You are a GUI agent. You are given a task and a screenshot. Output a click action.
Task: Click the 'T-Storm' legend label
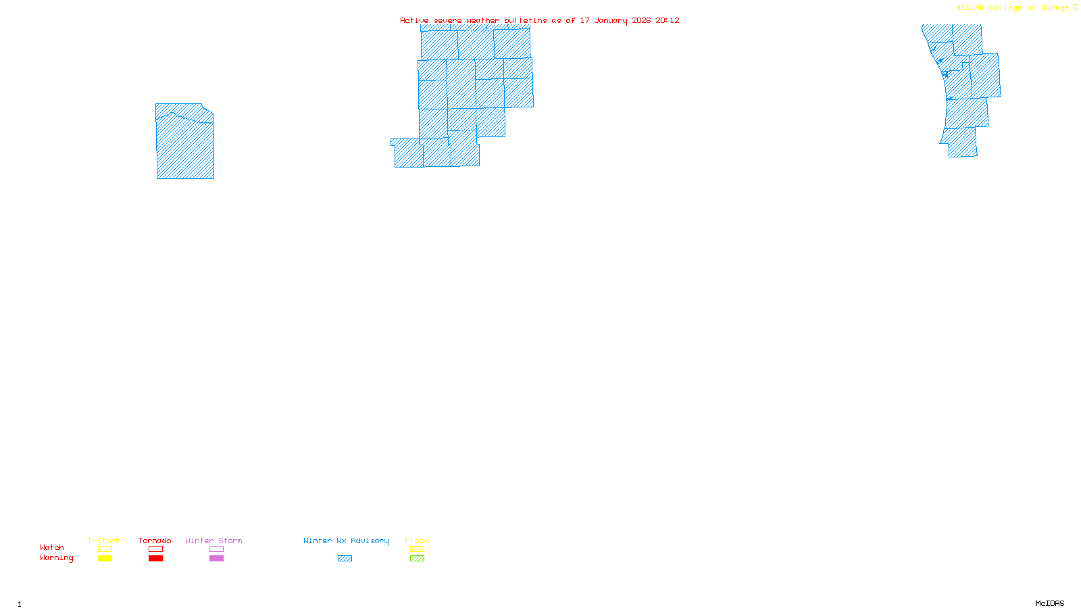104,540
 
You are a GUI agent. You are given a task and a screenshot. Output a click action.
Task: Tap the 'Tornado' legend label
155,540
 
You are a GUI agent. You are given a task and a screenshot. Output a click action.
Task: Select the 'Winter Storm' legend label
213,540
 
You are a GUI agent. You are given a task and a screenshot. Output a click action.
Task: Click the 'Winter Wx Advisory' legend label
346,540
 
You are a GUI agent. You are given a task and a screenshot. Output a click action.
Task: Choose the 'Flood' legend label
417,540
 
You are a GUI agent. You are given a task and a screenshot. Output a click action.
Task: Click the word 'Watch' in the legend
52,547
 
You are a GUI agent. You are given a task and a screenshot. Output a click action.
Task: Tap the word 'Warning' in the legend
56,558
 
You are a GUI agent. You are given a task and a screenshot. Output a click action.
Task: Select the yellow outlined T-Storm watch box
105,549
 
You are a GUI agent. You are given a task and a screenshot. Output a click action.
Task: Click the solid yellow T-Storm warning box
105,559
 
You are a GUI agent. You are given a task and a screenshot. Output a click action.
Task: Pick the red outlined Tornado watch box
155,549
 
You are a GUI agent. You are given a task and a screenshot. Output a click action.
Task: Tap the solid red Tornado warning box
155,559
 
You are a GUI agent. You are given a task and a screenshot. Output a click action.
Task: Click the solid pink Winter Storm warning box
216,559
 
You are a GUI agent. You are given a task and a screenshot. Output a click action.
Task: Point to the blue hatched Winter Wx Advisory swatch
345,559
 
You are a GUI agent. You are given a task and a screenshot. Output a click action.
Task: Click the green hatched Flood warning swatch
417,559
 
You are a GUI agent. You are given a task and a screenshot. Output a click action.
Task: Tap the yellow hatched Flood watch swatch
417,549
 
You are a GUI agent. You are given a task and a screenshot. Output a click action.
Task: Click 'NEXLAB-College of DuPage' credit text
1012,8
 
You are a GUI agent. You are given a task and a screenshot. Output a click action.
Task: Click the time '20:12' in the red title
668,20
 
